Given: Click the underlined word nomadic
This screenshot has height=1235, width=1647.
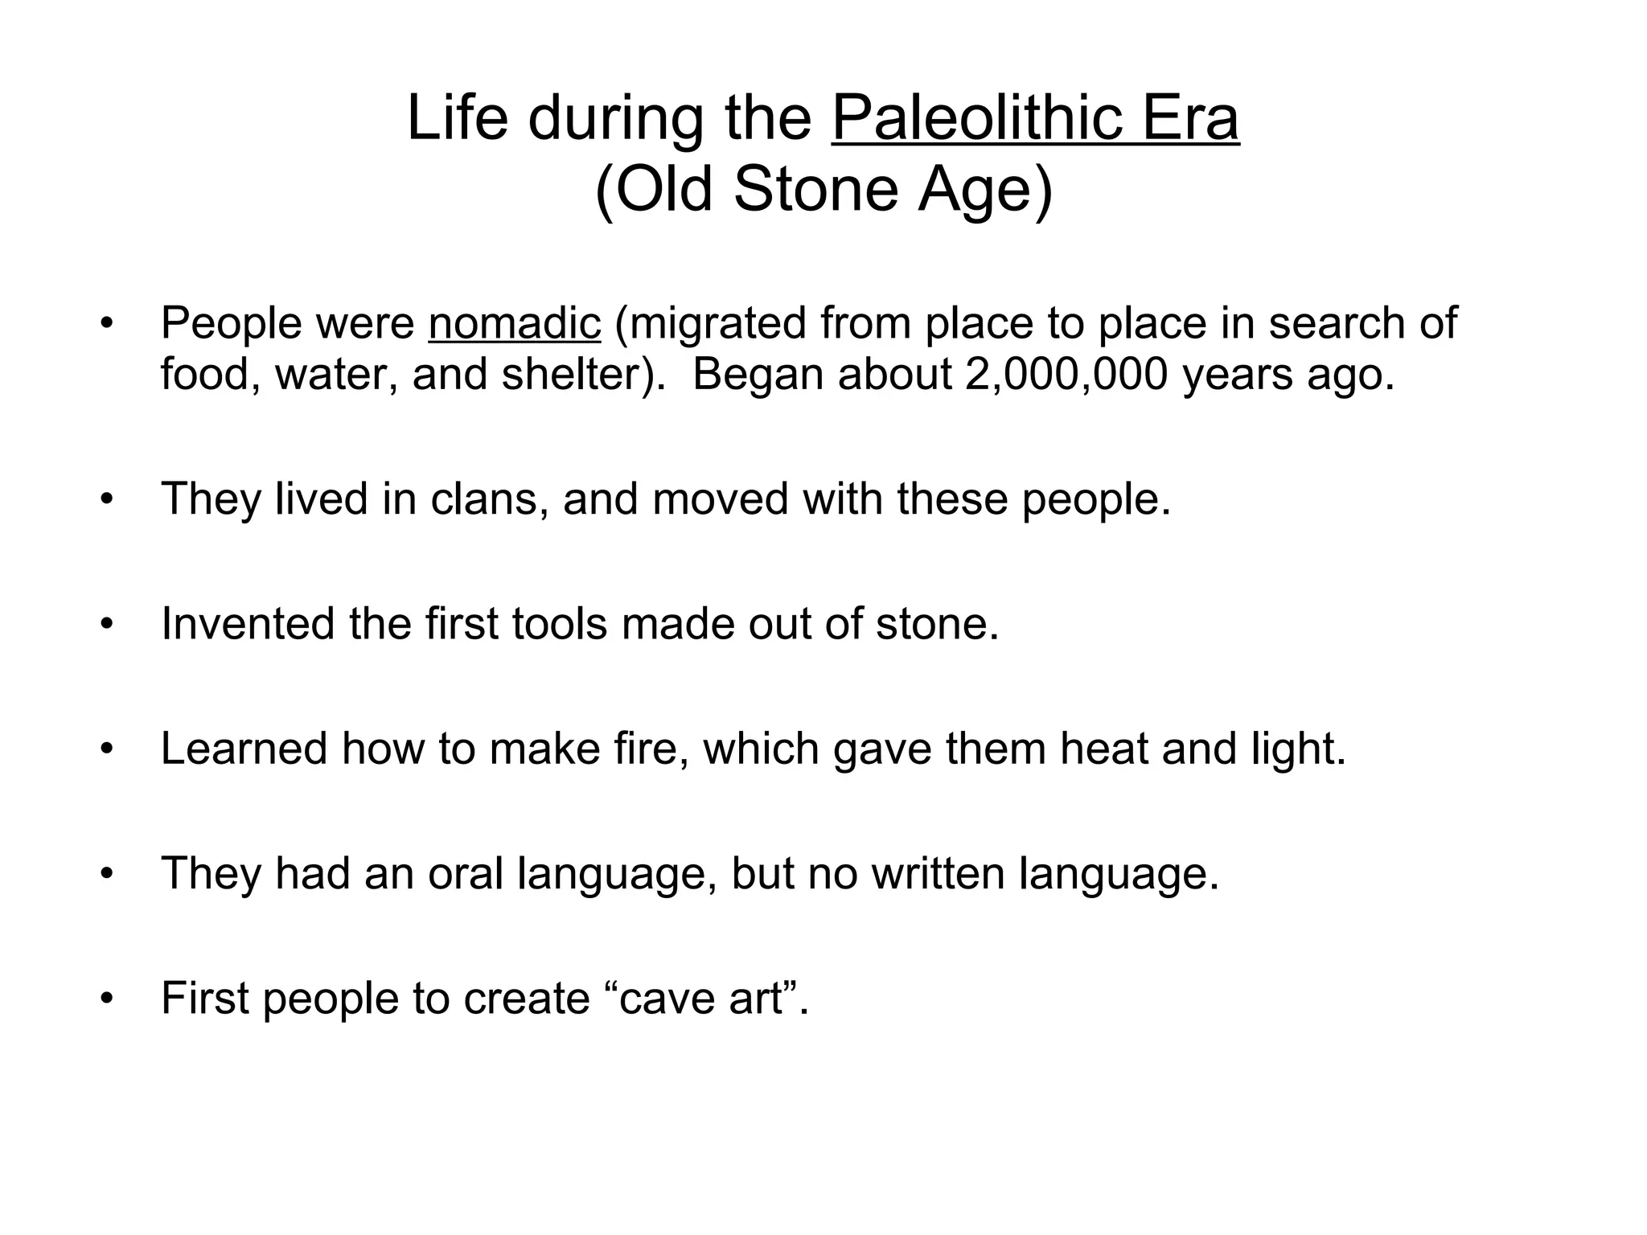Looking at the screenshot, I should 515,323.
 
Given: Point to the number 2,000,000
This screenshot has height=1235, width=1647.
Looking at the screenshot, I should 1066,374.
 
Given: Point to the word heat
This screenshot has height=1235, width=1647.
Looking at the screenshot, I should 1104,748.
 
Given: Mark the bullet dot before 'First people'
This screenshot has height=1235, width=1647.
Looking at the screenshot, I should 107,999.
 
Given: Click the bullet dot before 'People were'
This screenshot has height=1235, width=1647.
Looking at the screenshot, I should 107,325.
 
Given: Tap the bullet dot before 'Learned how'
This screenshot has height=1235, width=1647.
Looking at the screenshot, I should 107,749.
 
